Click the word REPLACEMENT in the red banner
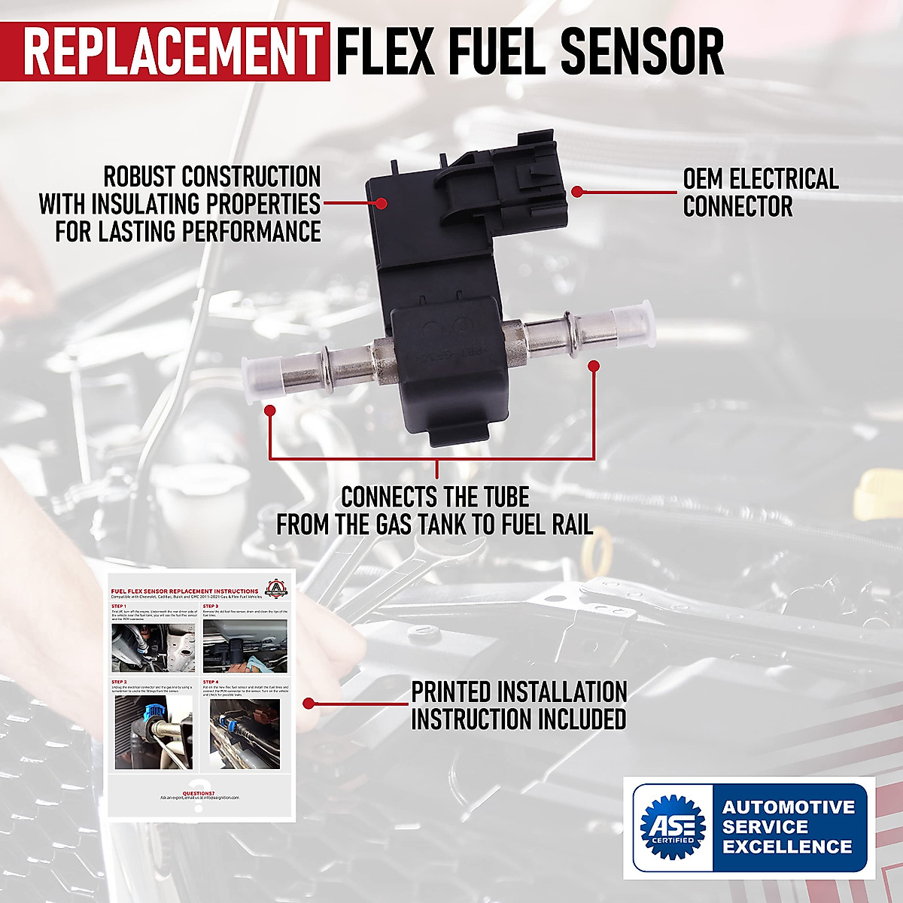172,52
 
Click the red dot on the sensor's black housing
382,203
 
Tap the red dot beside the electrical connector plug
577,192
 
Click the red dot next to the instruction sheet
308,704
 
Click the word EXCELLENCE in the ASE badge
787,846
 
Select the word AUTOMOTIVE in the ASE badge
789,807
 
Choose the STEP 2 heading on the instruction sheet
118,682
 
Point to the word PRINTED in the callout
451,692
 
